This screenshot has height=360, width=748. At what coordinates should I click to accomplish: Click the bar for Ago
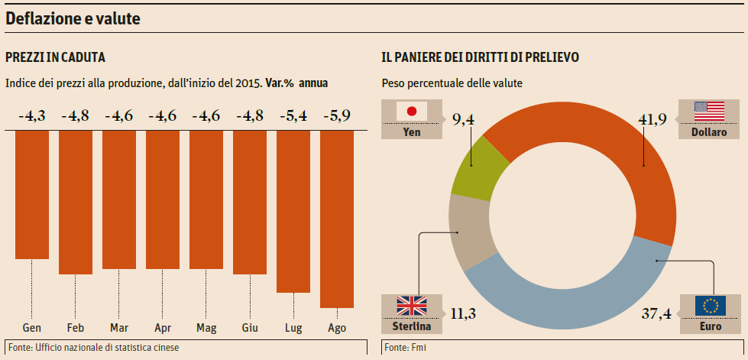pyautogui.click(x=337, y=219)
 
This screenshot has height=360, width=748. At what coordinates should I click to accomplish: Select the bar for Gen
pyautogui.click(x=32, y=195)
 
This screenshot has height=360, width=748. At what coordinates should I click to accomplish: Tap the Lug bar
pyautogui.click(x=293, y=211)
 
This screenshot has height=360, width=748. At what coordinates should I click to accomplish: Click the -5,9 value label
pyautogui.click(x=337, y=117)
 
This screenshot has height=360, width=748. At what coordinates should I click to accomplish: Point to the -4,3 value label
pyautogui.click(x=32, y=117)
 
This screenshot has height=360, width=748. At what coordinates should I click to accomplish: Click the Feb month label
pyautogui.click(x=76, y=328)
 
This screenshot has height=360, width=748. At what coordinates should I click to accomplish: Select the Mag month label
pyautogui.click(x=206, y=328)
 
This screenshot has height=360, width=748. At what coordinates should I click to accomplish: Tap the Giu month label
pyautogui.click(x=250, y=328)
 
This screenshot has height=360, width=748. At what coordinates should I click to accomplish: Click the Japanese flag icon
pyautogui.click(x=413, y=112)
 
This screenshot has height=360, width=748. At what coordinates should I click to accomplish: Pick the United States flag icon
pyautogui.click(x=709, y=112)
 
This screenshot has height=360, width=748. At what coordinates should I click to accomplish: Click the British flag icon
pyautogui.click(x=413, y=306)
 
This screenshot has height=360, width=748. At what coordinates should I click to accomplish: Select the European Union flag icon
pyautogui.click(x=711, y=306)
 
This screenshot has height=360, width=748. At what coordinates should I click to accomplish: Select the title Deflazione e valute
pyautogui.click(x=73, y=19)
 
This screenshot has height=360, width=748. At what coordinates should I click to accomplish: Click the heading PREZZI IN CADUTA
pyautogui.click(x=55, y=57)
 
